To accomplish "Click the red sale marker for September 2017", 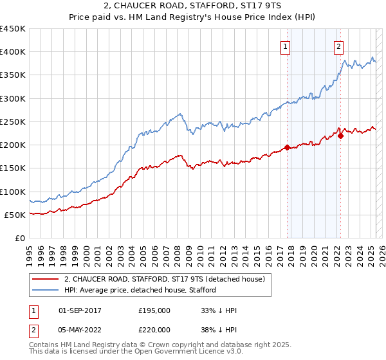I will (287, 147).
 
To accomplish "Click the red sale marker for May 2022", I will (340, 136).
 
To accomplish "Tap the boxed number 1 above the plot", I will (285, 46).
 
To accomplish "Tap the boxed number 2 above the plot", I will (338, 46).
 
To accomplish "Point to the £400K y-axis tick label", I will (13, 52).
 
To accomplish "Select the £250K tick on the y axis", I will (13, 122).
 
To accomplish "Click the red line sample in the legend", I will (45, 279).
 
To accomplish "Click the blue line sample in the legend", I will (45, 290).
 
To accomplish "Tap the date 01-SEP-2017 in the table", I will (80, 310).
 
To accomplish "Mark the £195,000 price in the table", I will (154, 310).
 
